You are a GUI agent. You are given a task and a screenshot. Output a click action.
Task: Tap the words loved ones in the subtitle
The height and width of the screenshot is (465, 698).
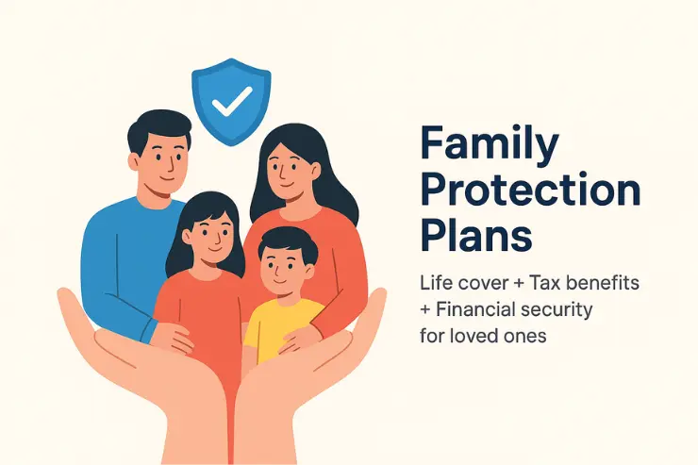pyautogui.click(x=499, y=335)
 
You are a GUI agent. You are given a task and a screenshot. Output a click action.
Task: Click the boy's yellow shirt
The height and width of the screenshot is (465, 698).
pyautogui.click(x=280, y=325)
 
